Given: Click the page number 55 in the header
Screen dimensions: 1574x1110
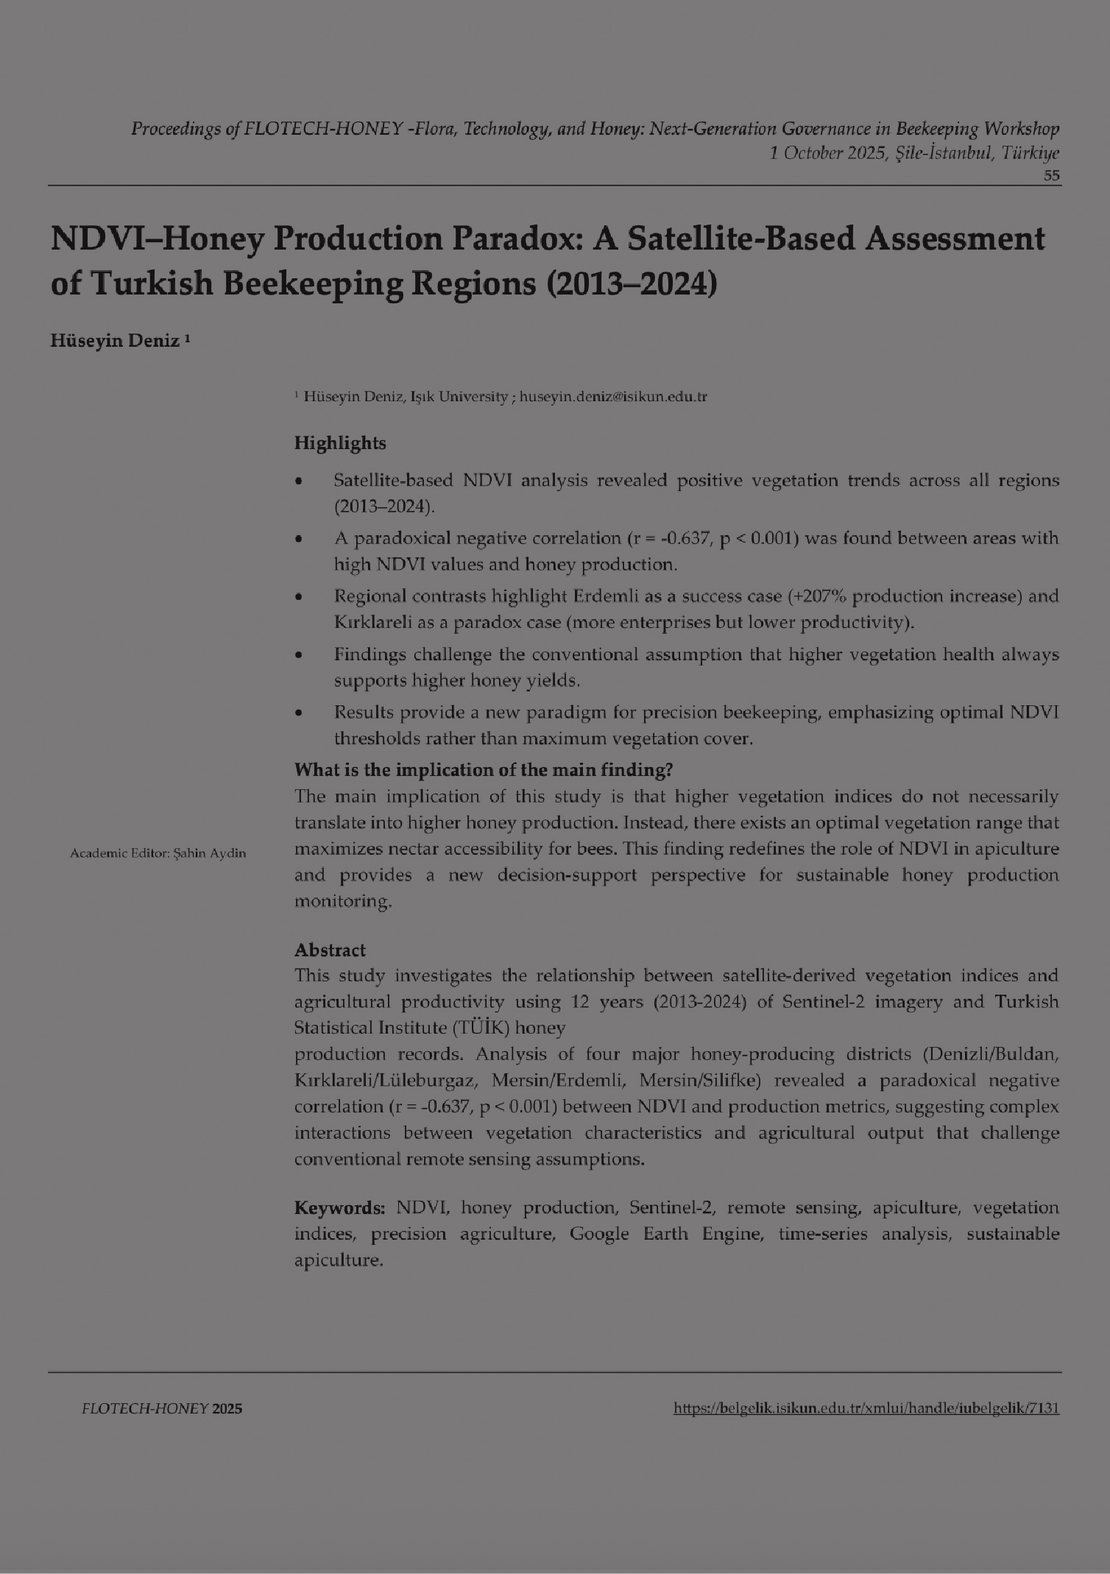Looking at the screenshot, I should click(x=1051, y=176).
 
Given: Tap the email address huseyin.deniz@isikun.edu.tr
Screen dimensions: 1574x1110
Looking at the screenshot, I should click(x=613, y=397).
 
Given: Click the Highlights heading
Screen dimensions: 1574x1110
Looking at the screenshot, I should click(x=340, y=444).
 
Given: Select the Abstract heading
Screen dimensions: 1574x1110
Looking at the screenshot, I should click(x=330, y=950).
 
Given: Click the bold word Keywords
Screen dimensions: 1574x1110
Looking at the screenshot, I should click(x=340, y=1208).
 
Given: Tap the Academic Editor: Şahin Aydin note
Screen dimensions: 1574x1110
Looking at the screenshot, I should click(x=158, y=854).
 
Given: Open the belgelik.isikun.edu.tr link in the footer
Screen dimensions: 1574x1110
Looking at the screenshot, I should click(x=866, y=1409).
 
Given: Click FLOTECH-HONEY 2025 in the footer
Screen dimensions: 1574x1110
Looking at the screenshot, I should click(x=161, y=1410).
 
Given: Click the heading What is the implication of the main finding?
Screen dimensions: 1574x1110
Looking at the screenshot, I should click(x=484, y=770).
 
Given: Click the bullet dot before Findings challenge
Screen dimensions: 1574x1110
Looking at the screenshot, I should click(x=299, y=654).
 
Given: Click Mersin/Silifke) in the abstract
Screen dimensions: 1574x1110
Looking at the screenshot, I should click(x=695, y=1081).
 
